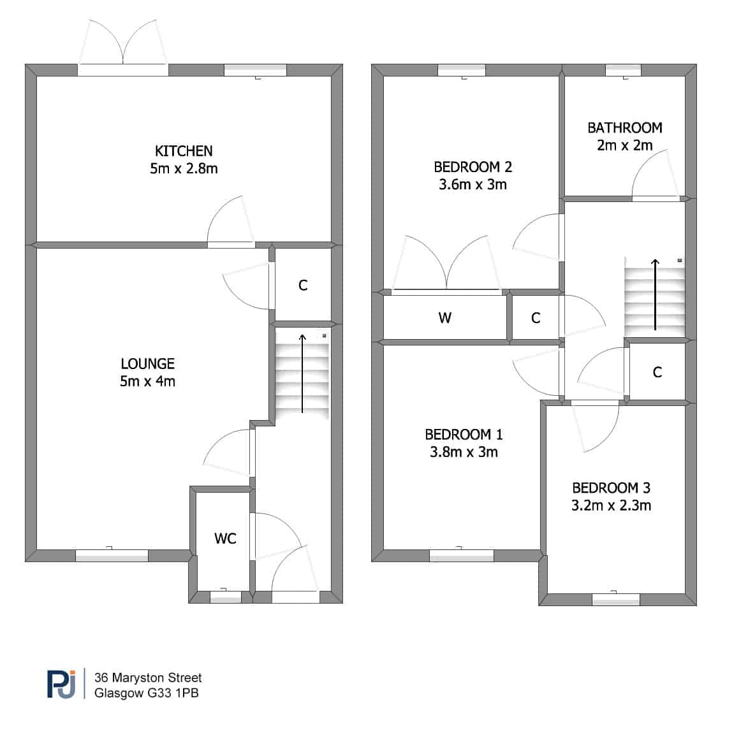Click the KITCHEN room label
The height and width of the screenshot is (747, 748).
[x=184, y=151]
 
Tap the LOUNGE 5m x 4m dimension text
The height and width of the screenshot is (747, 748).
[x=147, y=381]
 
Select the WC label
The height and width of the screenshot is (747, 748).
[x=225, y=539]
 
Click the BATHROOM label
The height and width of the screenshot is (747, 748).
[x=625, y=127]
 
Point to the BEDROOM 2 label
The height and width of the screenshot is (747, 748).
[x=473, y=167]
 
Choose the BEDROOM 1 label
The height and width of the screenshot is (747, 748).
[x=464, y=434]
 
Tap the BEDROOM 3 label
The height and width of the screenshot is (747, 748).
[x=611, y=488]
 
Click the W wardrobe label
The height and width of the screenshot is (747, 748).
[x=444, y=317]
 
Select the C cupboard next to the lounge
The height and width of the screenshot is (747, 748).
[x=303, y=285]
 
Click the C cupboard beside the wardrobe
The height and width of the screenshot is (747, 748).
[x=536, y=318]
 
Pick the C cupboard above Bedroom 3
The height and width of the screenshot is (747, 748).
[x=657, y=372]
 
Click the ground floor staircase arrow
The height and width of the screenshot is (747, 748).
[x=302, y=373]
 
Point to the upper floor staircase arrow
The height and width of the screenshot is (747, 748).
[x=656, y=294]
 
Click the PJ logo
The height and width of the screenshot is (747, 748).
[x=62, y=684]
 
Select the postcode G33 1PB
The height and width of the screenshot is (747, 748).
[x=173, y=693]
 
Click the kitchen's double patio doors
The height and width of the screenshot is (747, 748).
[x=123, y=69]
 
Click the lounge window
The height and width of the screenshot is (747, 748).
[x=112, y=555]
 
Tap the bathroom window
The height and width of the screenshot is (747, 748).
[x=623, y=70]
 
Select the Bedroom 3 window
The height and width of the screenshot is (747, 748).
[x=616, y=599]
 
